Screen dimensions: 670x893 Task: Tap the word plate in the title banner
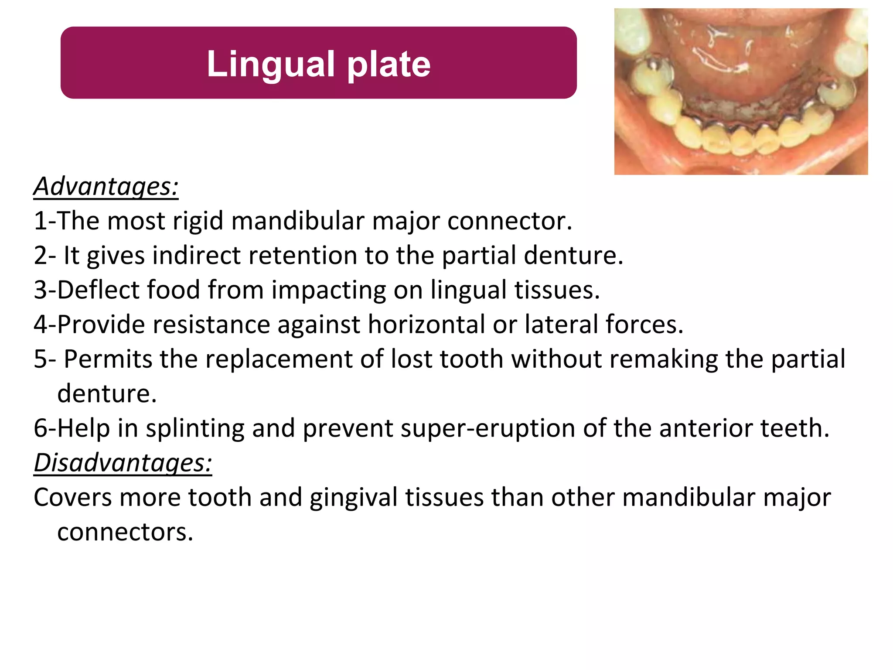coord(389,65)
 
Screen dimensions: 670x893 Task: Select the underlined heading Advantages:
coord(106,187)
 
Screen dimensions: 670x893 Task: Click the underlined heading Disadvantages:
coord(123,462)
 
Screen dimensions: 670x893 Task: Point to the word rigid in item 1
coord(198,221)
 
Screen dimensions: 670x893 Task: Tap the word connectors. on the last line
coord(125,532)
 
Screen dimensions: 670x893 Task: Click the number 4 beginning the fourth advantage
coord(40,325)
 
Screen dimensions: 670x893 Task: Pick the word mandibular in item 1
coord(298,221)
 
